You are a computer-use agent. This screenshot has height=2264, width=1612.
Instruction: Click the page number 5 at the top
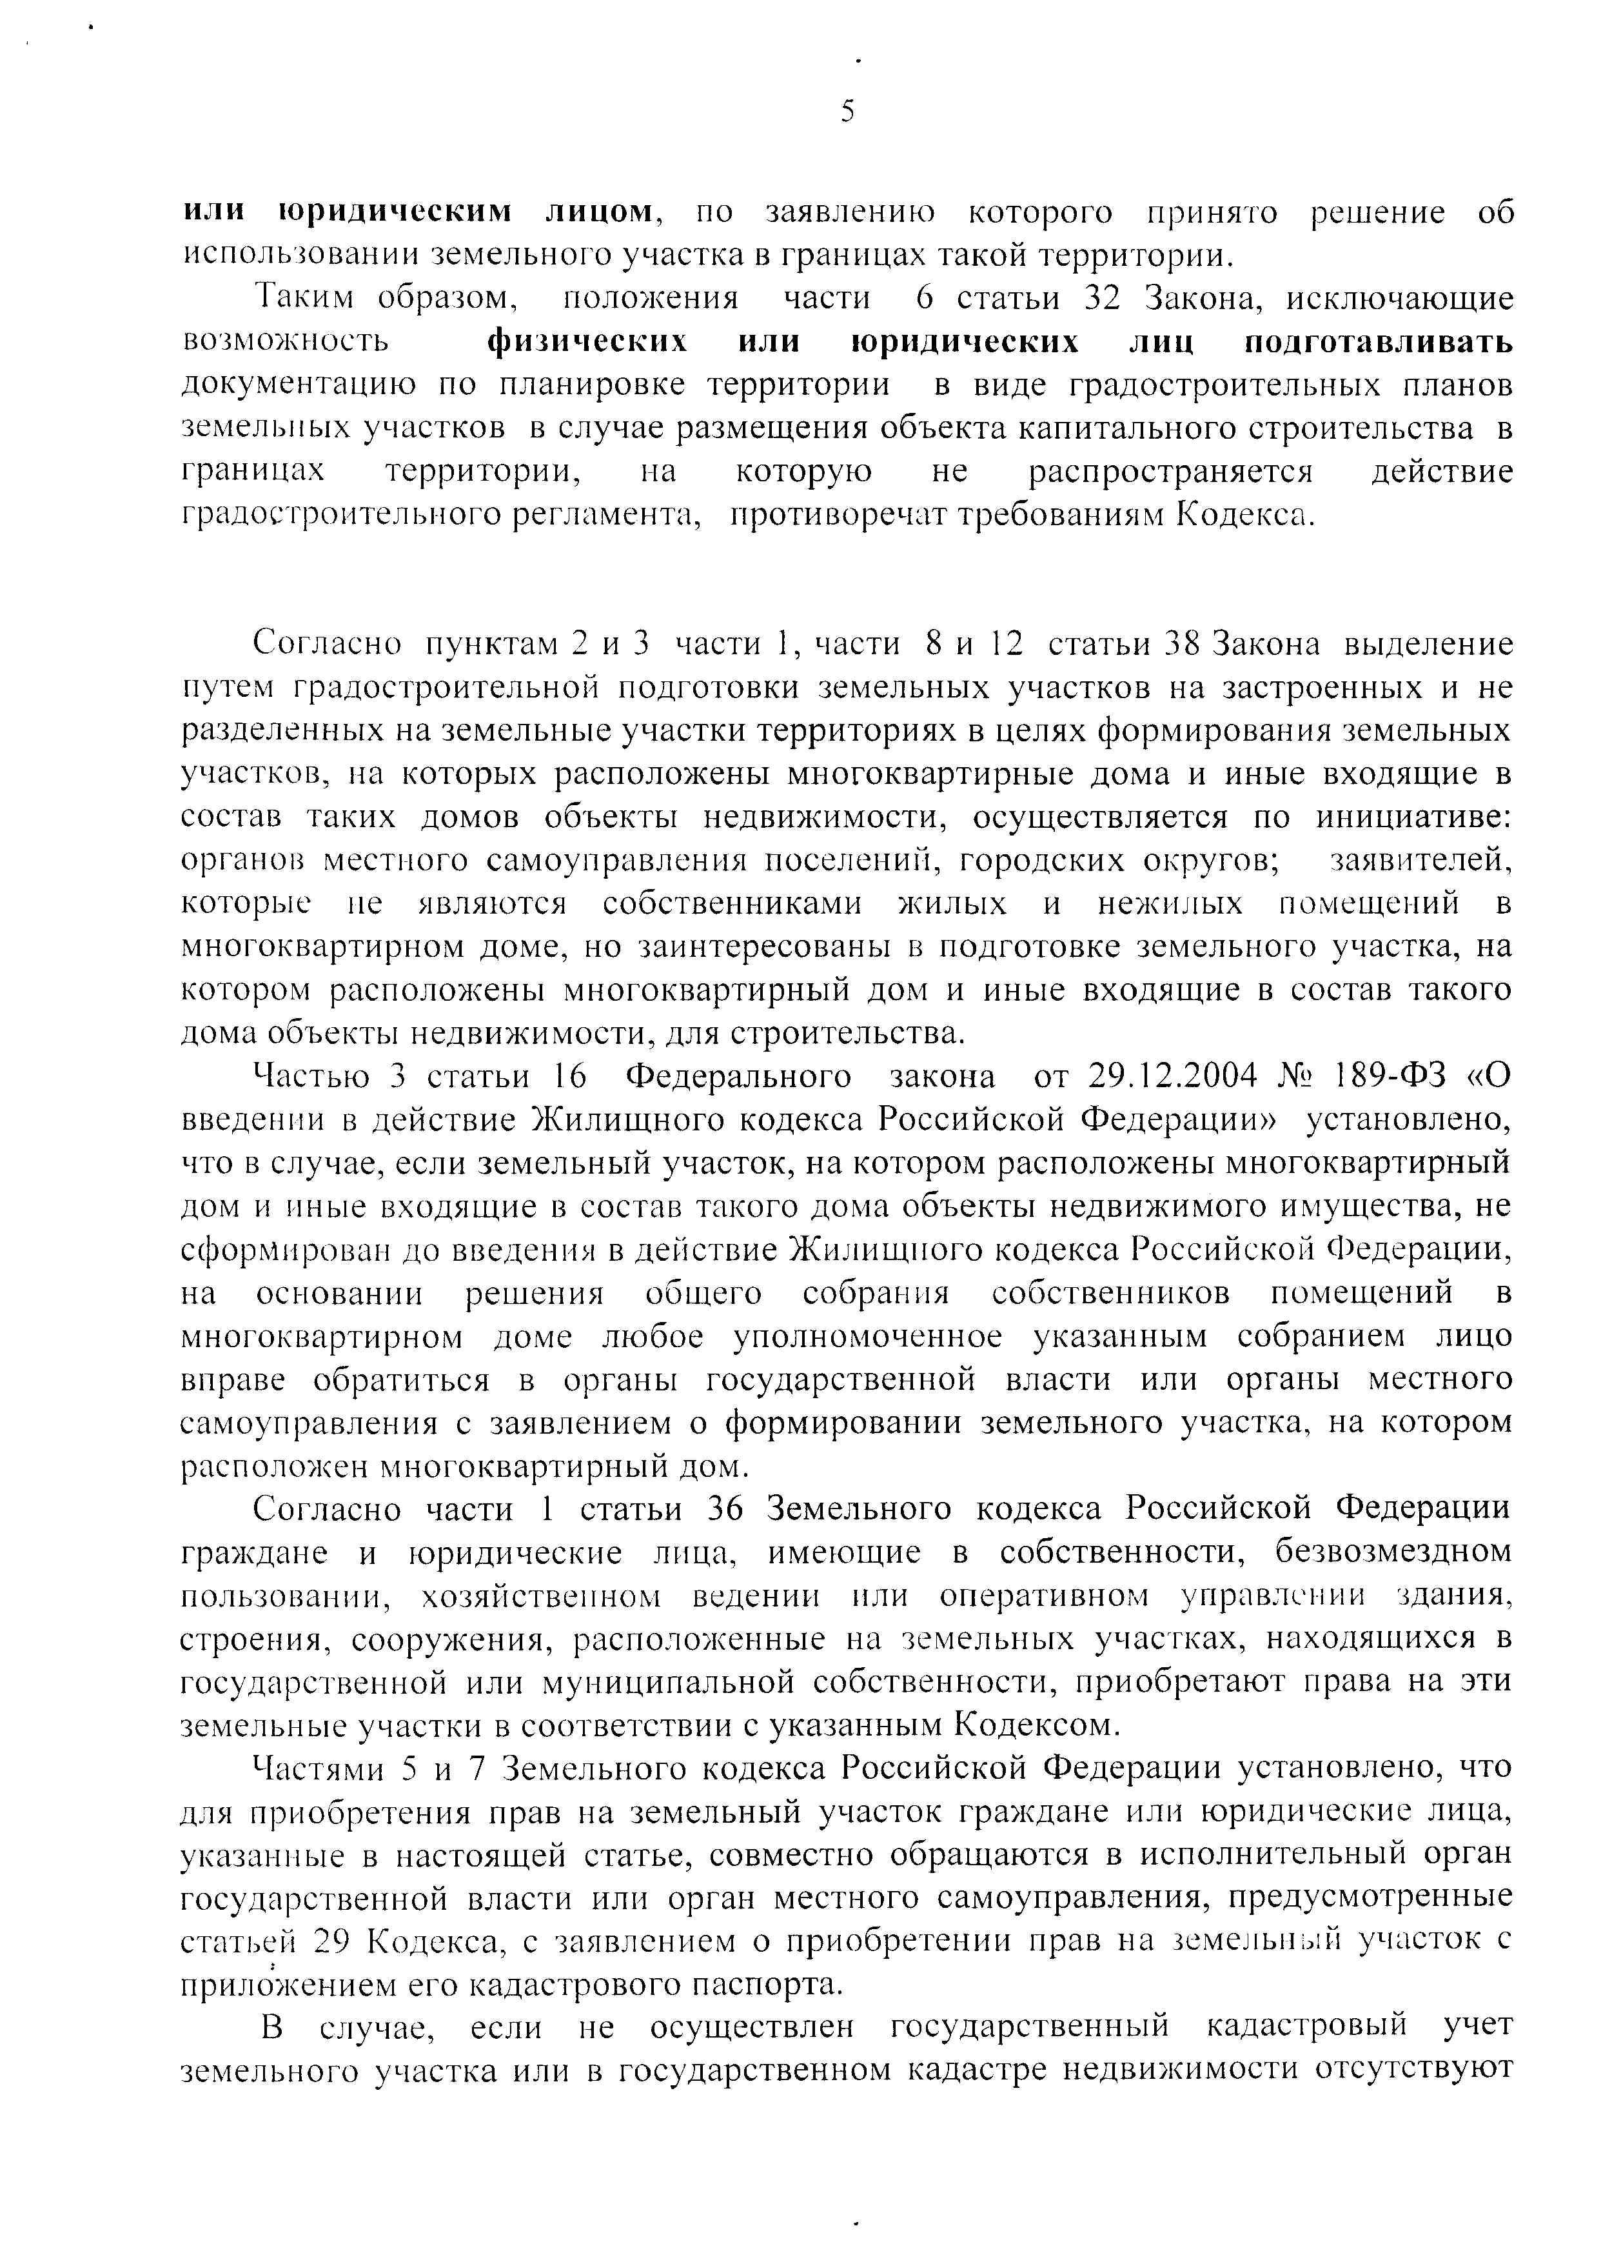[847, 111]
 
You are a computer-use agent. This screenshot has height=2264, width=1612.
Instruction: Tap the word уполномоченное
[867, 1337]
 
